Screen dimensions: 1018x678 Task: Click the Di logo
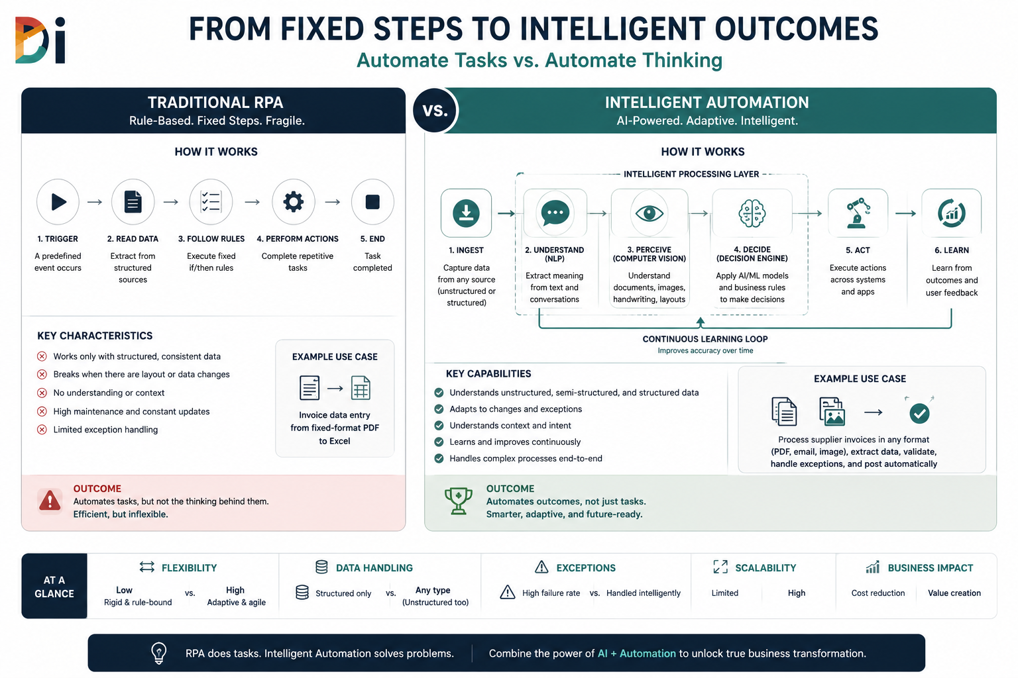(40, 40)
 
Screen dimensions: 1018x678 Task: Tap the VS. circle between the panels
(435, 110)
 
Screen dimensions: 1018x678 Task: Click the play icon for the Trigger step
(58, 202)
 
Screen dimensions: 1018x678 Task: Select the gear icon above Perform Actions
(293, 202)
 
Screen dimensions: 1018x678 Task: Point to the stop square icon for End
(372, 202)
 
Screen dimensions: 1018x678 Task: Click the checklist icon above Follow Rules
(211, 202)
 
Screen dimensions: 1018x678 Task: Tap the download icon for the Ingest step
(467, 213)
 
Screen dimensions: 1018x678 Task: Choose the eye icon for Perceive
(650, 213)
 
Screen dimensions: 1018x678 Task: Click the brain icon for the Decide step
(752, 213)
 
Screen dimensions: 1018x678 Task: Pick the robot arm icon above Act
(858, 213)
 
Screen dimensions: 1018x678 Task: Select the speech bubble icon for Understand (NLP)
(555, 213)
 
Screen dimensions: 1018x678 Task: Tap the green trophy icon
(458, 501)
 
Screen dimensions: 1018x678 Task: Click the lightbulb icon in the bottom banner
(158, 653)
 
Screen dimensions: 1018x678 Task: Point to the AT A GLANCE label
(54, 587)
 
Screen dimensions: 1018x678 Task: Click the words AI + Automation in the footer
(636, 654)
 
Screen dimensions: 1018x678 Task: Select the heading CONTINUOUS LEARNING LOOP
(705, 339)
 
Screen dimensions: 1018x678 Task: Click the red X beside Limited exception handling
(42, 430)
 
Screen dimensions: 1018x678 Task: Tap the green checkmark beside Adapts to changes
(439, 409)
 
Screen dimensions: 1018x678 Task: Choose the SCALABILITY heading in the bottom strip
(765, 567)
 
